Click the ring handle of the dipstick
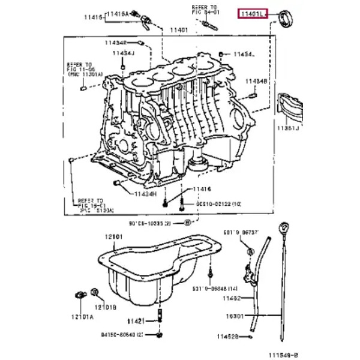[284, 228]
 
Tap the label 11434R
[116, 43]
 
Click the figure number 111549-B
[283, 355]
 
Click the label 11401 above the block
[178, 30]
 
